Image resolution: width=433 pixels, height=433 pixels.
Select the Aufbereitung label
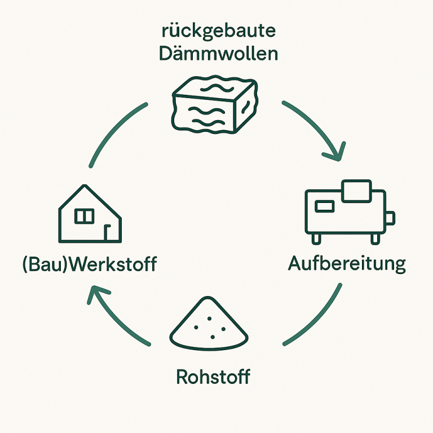347,263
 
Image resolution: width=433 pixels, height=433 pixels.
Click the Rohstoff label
213,376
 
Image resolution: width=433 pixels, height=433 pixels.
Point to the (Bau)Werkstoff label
89,263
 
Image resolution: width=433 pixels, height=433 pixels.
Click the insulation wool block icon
214,105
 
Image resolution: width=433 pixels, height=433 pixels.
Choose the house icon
90,214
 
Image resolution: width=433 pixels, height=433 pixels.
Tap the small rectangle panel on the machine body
325,206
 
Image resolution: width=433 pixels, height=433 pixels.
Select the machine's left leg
316,238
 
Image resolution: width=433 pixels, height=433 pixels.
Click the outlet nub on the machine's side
390,218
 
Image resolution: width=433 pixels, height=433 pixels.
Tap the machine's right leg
375,238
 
